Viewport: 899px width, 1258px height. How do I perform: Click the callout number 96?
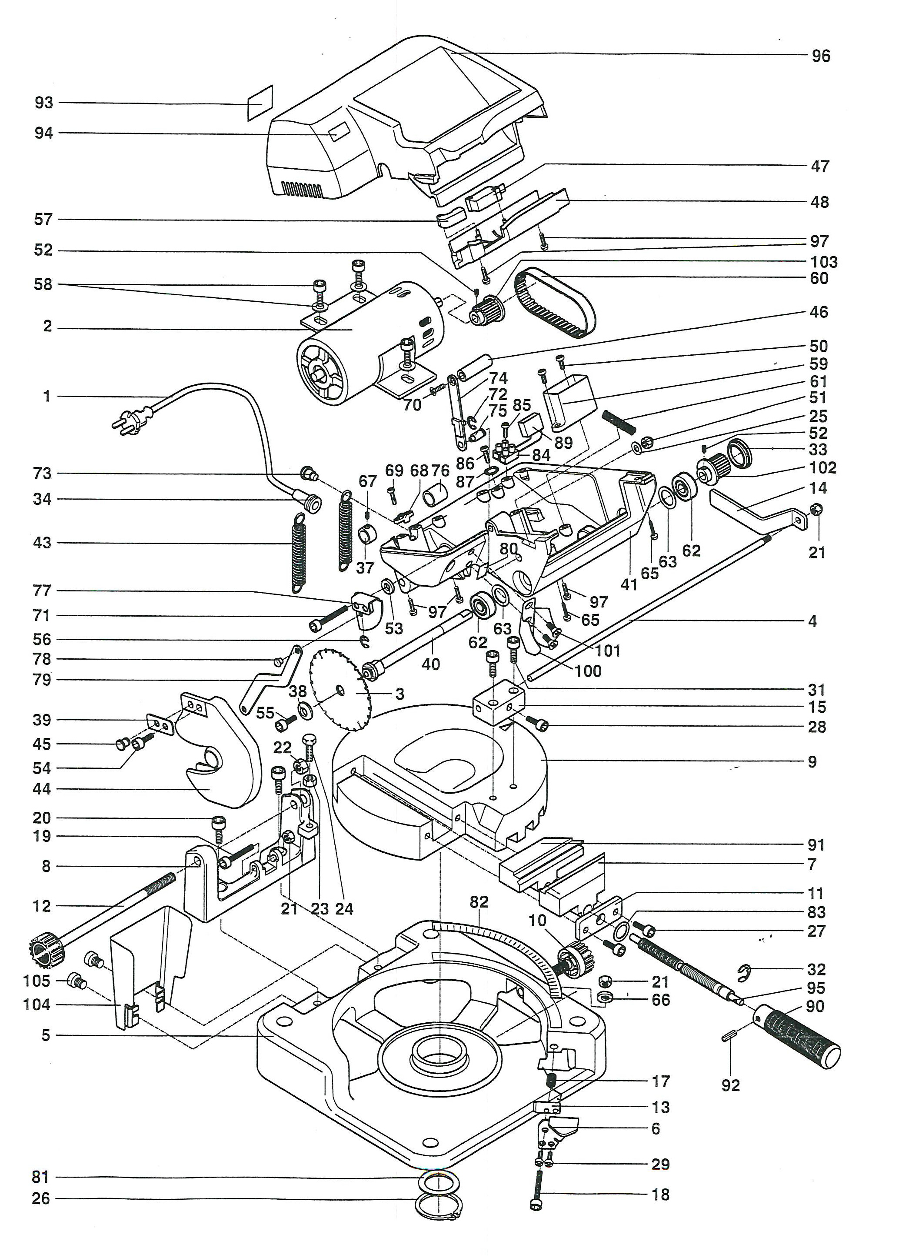(820, 56)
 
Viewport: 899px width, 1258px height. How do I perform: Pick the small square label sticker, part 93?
(260, 103)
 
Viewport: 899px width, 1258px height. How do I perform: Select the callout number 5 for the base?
(46, 1035)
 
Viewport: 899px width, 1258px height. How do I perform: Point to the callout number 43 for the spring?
(42, 543)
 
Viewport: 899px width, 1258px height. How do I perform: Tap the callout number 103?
(823, 262)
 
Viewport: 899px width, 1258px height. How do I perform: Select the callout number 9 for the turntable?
(812, 762)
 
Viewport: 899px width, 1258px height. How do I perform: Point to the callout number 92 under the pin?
(730, 1085)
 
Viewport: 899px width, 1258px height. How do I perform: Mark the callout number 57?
(43, 220)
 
